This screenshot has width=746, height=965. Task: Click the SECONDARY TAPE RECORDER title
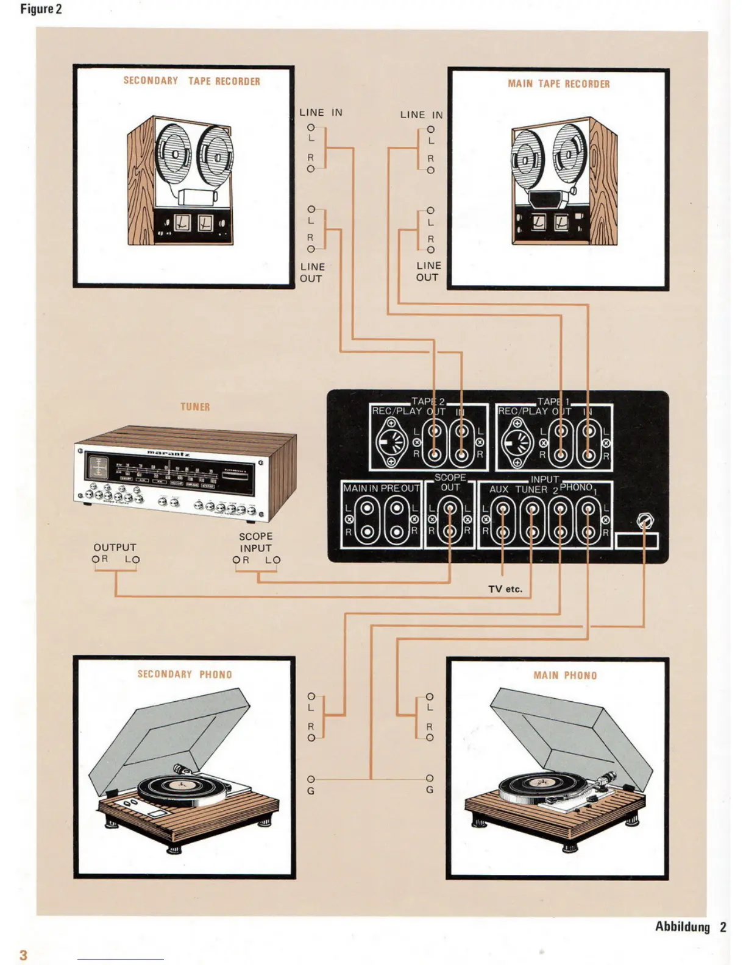[191, 81]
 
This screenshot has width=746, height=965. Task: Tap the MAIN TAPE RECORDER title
[558, 84]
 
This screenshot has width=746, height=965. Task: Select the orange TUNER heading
[195, 407]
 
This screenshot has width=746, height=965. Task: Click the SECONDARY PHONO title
[185, 674]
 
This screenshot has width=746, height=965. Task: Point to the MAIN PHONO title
[565, 676]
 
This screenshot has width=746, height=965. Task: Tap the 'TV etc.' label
[505, 589]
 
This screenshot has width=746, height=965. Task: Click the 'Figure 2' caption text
[41, 9]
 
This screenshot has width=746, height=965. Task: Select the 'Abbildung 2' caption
[691, 927]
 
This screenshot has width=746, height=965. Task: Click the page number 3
[24, 955]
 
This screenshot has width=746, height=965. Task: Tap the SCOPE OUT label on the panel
[450, 482]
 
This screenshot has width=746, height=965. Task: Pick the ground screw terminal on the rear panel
[645, 521]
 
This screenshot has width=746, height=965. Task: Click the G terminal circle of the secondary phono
[311, 779]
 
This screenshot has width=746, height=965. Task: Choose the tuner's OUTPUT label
[115, 548]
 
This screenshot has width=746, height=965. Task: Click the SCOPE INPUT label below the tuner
[255, 542]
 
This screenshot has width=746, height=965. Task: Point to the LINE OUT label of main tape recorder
[428, 271]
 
